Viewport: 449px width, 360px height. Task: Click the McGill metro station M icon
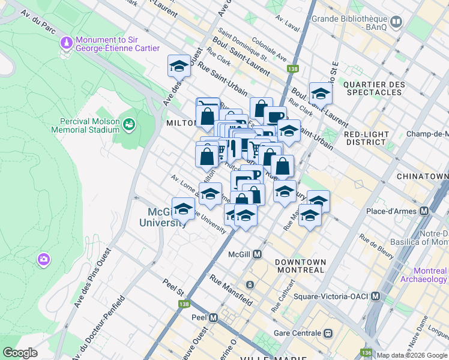257,254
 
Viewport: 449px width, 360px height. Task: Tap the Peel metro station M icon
213,317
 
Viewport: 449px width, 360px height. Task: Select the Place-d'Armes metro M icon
424,211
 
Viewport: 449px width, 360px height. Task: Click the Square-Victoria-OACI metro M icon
375,296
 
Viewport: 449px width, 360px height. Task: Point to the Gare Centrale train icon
328,332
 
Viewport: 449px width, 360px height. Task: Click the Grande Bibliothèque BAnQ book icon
396,23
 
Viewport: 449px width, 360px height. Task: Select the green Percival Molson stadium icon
128,124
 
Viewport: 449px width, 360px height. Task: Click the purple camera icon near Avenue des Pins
43,259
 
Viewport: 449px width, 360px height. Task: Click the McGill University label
167,217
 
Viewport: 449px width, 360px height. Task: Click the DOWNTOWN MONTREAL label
300,266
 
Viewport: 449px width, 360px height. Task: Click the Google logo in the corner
20,353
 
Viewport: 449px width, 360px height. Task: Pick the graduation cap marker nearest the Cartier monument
179,67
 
